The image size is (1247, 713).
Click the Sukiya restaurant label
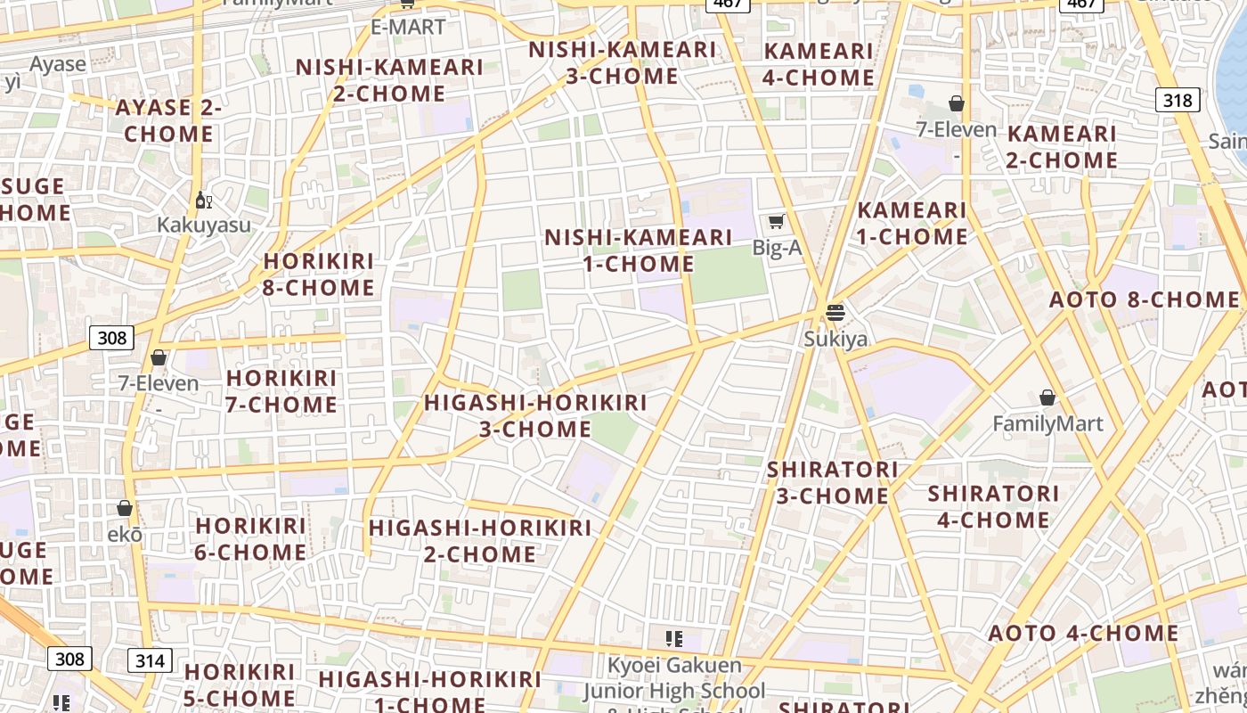point(835,339)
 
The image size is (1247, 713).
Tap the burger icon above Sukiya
point(835,312)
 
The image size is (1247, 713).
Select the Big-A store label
point(777,248)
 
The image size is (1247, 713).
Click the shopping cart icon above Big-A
point(776,221)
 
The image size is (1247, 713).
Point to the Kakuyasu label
point(204,225)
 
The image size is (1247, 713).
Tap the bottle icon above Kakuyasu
point(203,200)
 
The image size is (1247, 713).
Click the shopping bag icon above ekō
point(125,508)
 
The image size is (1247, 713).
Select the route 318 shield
point(1177,100)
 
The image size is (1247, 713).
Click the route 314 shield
point(150,660)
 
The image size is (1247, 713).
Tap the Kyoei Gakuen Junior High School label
point(674,678)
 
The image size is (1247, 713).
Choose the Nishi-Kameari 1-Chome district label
point(639,250)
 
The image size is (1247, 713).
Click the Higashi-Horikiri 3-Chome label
point(535,415)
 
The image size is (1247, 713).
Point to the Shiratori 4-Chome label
point(993,506)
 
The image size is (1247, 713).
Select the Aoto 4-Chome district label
point(1083,634)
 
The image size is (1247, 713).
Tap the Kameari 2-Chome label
point(1062,147)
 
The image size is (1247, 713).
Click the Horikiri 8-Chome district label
point(319,275)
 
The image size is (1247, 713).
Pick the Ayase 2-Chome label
point(168,121)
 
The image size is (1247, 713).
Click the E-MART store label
point(408,28)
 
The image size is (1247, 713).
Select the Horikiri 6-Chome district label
point(250,539)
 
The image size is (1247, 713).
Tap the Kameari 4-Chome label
point(819,64)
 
